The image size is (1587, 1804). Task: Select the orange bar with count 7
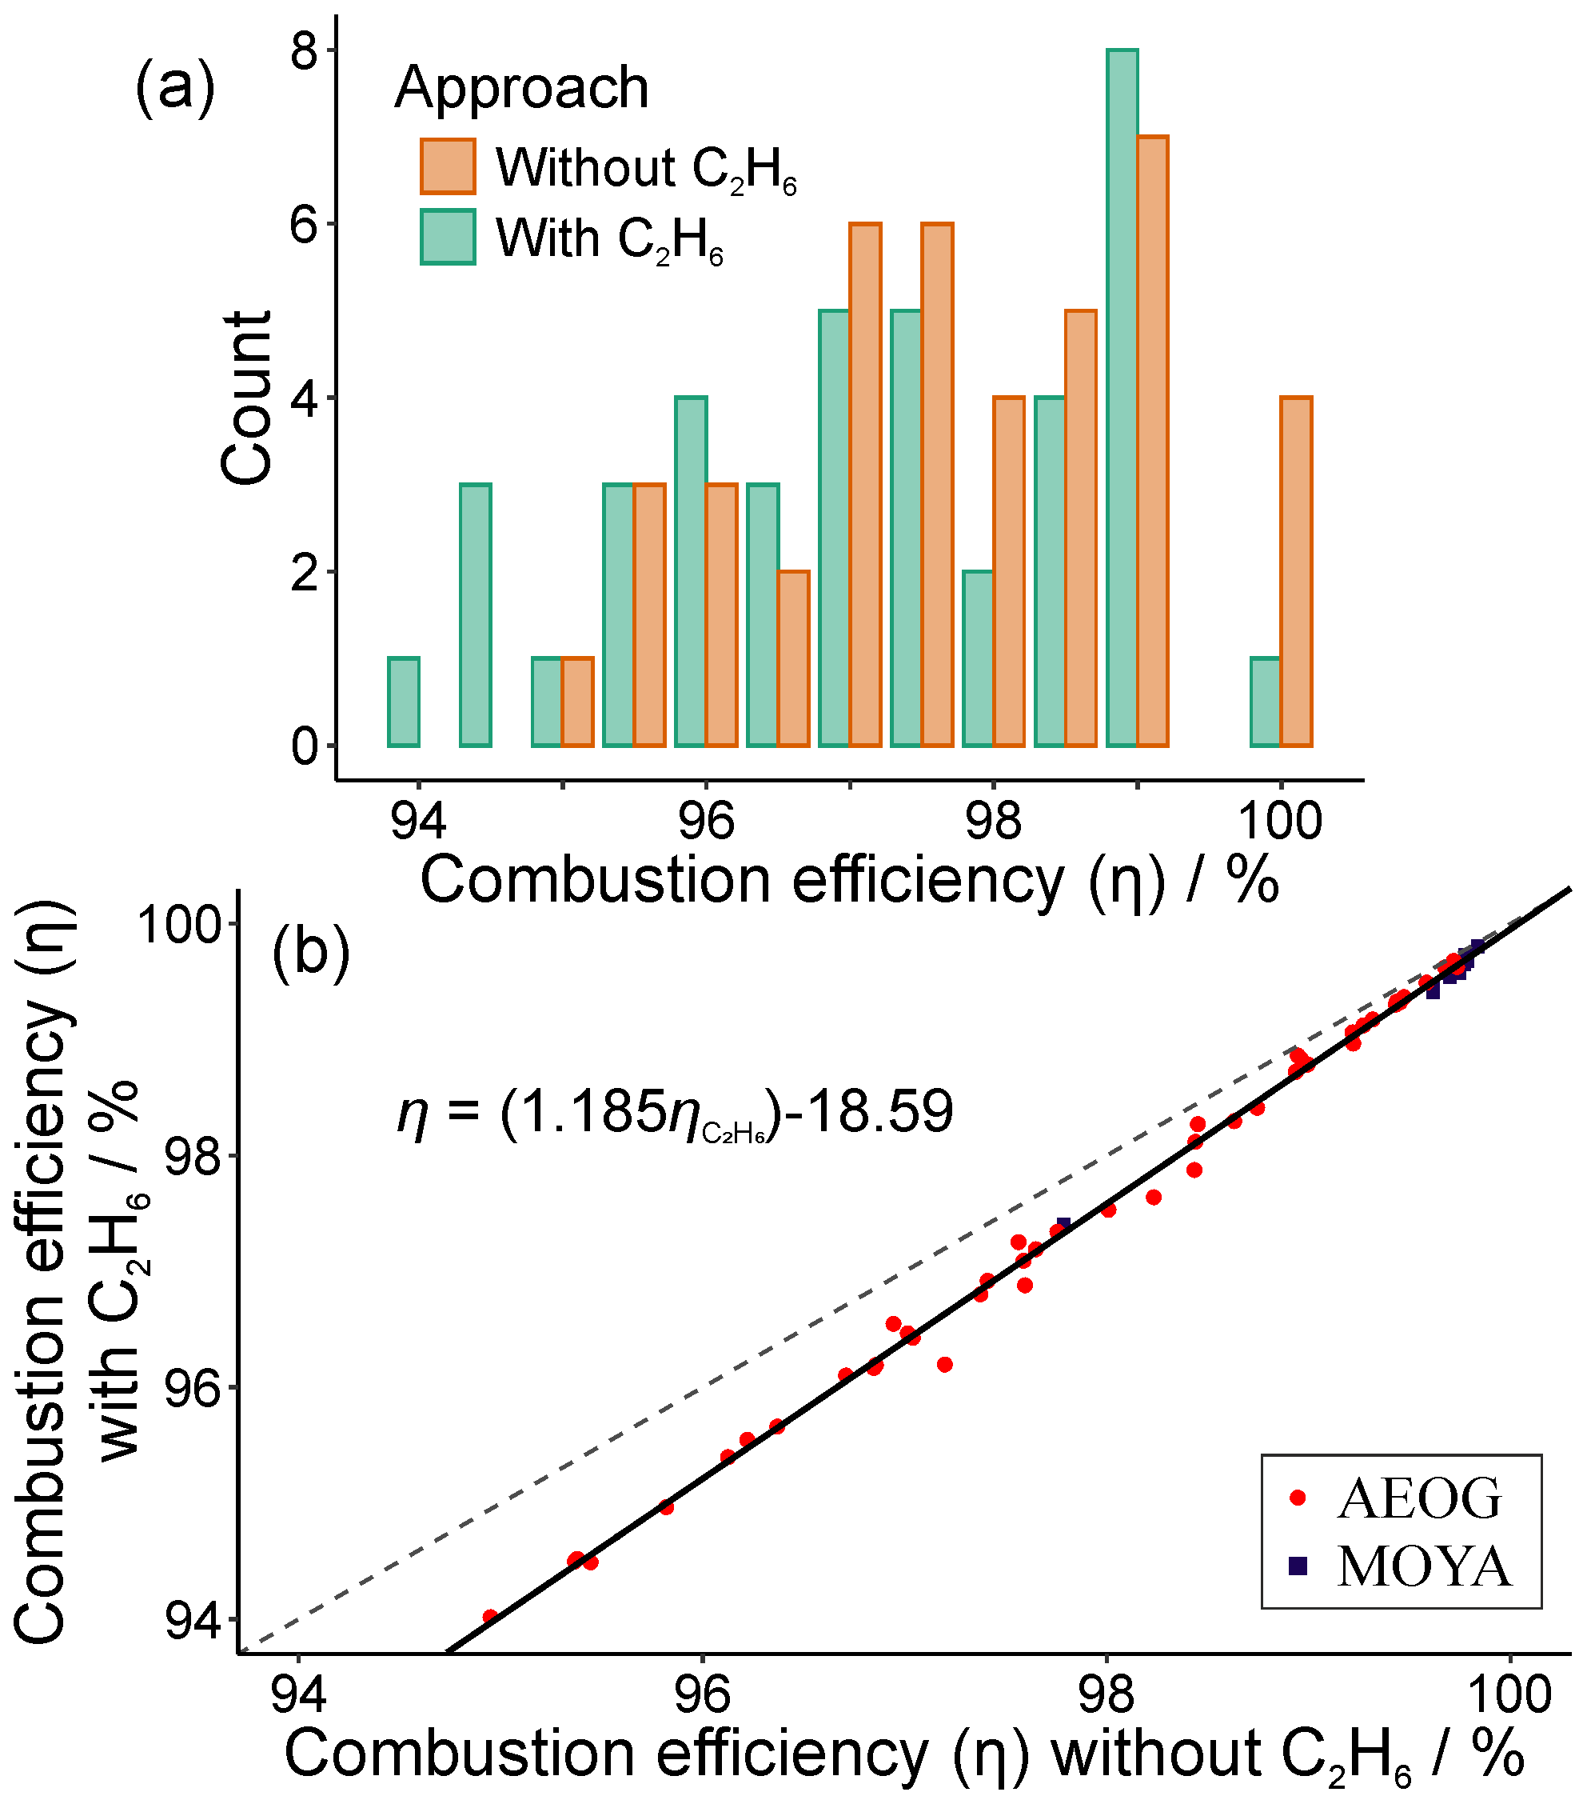[1152, 442]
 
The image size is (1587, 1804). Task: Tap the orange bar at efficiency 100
[1296, 571]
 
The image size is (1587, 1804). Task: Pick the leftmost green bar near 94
[404, 702]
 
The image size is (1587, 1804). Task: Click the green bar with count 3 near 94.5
[476, 614]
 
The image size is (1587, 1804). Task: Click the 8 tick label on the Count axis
[305, 50]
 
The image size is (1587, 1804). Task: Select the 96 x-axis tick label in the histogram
[706, 821]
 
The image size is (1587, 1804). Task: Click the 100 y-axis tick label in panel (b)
[176, 924]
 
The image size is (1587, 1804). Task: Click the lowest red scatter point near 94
[489, 1617]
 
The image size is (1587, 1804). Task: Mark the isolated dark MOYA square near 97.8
[1063, 1225]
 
